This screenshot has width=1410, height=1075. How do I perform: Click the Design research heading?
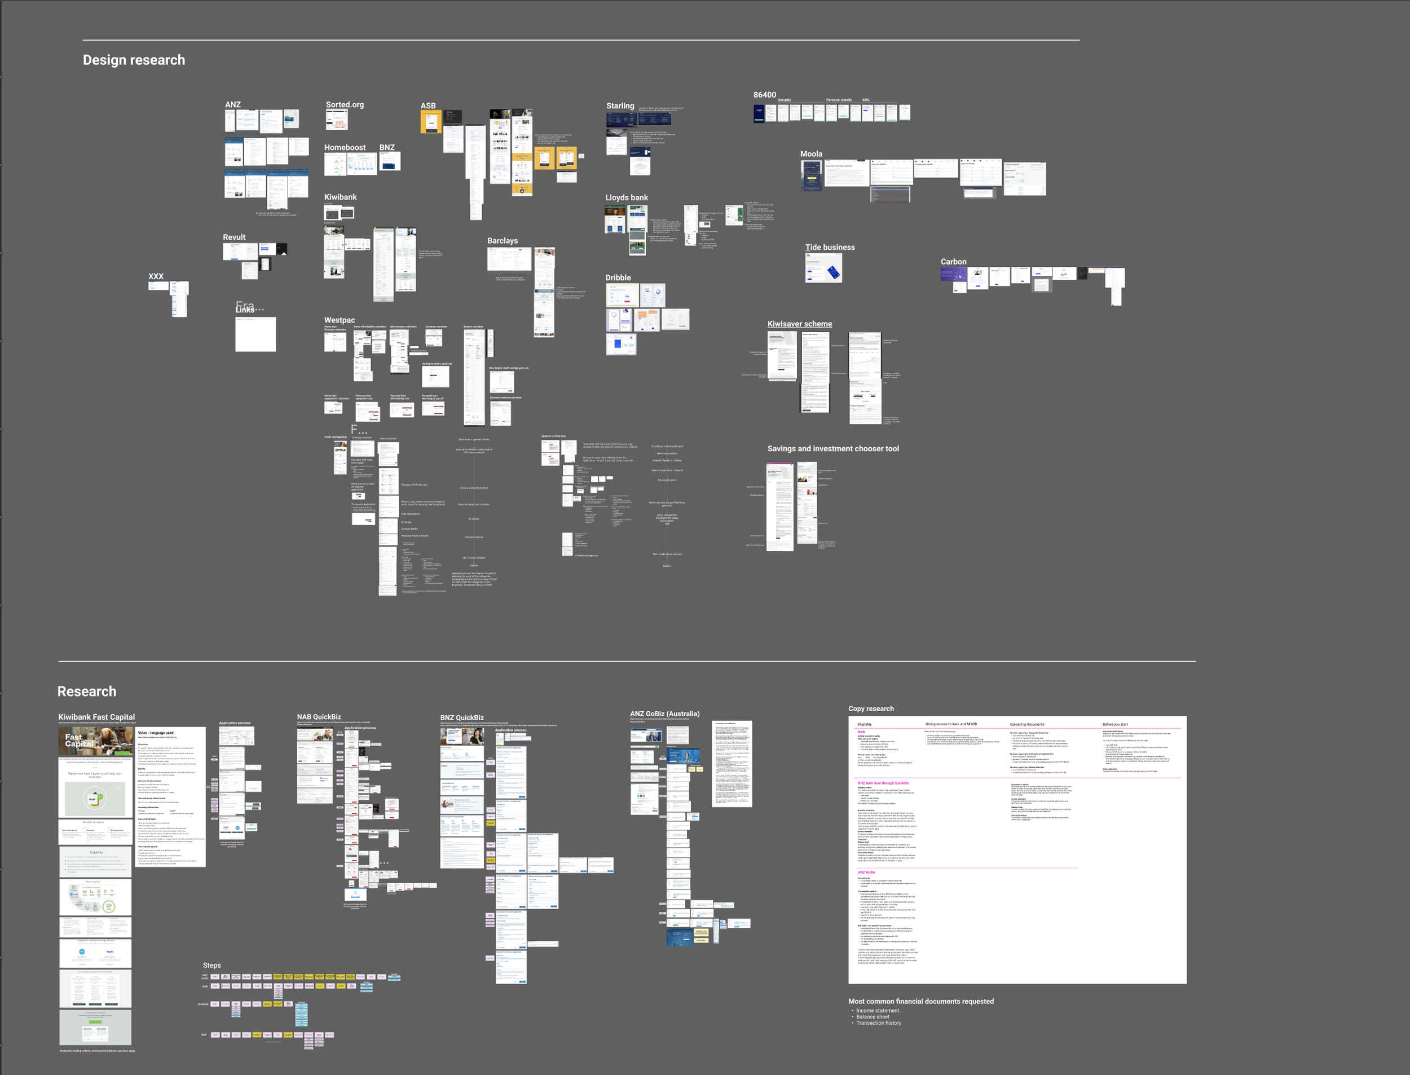(x=134, y=60)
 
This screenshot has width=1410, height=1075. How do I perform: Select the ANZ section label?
(x=233, y=105)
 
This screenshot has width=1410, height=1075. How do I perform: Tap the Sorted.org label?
(x=345, y=105)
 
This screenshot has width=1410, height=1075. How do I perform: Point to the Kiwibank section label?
(x=340, y=197)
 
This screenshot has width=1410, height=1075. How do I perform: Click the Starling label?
(x=620, y=106)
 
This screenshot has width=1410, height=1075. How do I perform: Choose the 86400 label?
(x=764, y=95)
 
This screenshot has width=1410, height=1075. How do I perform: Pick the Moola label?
(x=811, y=154)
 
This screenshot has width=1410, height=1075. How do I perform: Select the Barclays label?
(x=502, y=241)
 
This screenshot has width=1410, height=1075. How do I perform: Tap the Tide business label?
(x=830, y=248)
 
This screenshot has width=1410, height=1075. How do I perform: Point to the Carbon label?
(x=953, y=262)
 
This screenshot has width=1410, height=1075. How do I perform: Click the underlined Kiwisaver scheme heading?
(x=800, y=324)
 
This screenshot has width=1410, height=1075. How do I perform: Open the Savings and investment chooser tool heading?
(x=833, y=449)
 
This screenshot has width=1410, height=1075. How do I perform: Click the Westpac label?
(x=339, y=320)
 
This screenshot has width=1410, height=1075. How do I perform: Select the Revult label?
(x=234, y=237)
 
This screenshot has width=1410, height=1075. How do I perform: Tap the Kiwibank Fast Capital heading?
(x=96, y=717)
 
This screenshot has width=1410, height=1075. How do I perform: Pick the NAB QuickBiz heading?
(x=319, y=717)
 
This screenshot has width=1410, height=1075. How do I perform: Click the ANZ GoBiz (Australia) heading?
(x=665, y=714)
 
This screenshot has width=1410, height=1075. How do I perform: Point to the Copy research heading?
(x=871, y=709)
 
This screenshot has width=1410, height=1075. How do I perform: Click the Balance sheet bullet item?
(x=873, y=1017)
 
